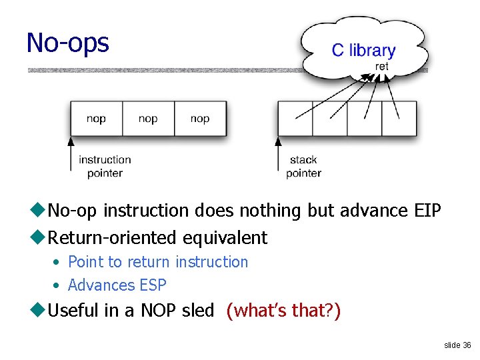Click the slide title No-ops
point(67,43)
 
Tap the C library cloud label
point(363,51)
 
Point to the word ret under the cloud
point(382,67)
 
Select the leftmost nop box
point(96,119)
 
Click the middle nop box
point(148,119)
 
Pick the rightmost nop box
point(200,119)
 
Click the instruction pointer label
point(105,166)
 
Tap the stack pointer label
point(303,166)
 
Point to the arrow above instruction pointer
point(70,153)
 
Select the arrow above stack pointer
point(278,153)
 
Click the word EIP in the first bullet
point(427,211)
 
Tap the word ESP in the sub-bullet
point(153,285)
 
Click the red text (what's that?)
point(283,310)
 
